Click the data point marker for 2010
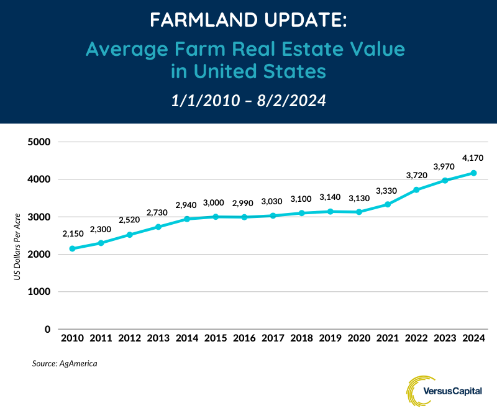(72, 248)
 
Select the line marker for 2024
(474, 173)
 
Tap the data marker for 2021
(388, 204)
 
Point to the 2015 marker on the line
(216, 217)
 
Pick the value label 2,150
(73, 233)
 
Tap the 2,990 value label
(243, 203)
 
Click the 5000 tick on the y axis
(40, 142)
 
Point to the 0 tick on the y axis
(47, 329)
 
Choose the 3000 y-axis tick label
(40, 217)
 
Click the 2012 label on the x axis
(129, 339)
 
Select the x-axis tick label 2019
(330, 339)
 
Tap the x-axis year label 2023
(445, 339)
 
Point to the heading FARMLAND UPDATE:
(248, 21)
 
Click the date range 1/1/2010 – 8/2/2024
(248, 101)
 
